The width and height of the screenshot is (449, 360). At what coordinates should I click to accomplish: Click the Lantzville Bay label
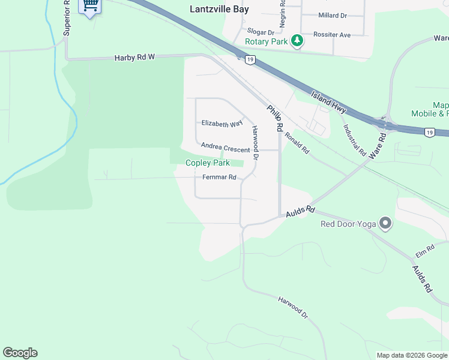tap(219, 9)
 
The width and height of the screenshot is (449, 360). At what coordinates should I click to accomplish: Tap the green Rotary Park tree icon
tap(297, 41)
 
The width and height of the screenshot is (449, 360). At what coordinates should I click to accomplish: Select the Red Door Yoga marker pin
tap(385, 224)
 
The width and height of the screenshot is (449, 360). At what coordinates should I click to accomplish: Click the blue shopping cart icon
tap(91, 5)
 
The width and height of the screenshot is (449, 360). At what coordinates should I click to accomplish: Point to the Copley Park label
tap(207, 163)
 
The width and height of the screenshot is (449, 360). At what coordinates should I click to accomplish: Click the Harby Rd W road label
tap(134, 58)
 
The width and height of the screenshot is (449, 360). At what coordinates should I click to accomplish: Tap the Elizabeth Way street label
tap(221, 123)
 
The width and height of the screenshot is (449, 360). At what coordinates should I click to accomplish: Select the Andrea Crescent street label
tap(225, 147)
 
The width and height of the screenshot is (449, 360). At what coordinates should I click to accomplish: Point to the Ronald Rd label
tap(297, 143)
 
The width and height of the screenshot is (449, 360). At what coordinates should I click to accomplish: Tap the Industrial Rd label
tap(354, 139)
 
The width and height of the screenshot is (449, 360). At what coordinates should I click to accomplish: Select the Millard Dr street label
tap(333, 15)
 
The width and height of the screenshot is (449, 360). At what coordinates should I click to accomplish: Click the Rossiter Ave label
tap(333, 35)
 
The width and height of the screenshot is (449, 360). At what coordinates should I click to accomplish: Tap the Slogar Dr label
tap(260, 32)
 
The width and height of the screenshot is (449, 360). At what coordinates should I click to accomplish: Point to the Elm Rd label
tap(424, 248)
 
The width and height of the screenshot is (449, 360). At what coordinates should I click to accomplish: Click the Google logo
tap(20, 353)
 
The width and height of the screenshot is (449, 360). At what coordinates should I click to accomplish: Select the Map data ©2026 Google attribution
tap(411, 355)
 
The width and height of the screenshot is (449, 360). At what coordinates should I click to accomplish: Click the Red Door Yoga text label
tap(348, 224)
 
